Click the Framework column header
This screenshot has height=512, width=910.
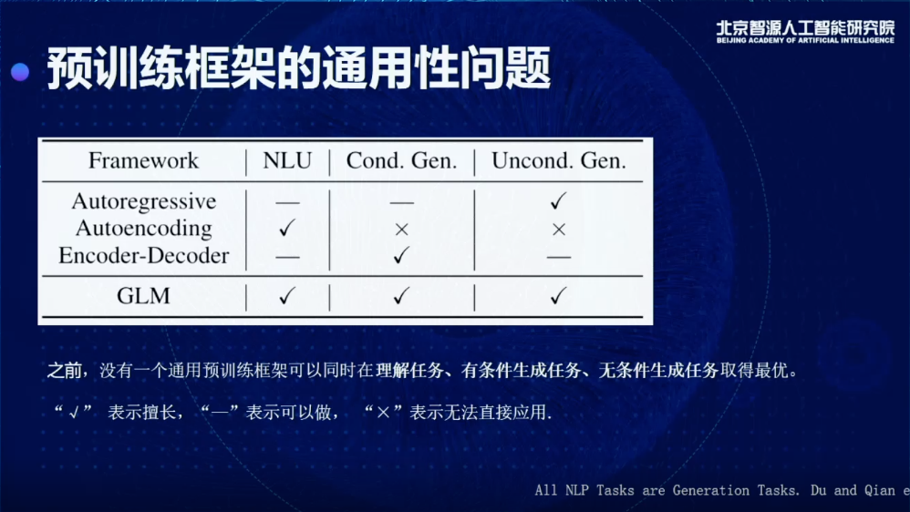(x=143, y=160)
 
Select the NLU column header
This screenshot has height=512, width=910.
(x=287, y=160)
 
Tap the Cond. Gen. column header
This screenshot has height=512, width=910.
(x=401, y=160)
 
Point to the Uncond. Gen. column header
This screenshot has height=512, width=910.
(x=559, y=160)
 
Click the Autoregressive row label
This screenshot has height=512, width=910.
(x=144, y=201)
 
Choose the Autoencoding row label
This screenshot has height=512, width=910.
(x=144, y=229)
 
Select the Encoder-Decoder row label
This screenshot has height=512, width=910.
(x=144, y=256)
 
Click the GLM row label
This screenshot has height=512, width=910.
(x=143, y=296)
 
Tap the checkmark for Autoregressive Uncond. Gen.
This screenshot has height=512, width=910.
(x=558, y=200)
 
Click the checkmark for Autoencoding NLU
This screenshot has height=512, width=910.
(x=287, y=227)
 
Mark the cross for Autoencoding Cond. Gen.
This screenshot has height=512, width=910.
(x=401, y=230)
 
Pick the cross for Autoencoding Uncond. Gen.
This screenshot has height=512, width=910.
(x=559, y=230)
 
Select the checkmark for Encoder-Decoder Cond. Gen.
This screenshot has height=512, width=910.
(x=401, y=254)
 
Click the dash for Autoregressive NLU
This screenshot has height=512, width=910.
(x=288, y=203)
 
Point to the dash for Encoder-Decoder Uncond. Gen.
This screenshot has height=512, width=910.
(x=559, y=257)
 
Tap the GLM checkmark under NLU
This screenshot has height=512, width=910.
(x=287, y=296)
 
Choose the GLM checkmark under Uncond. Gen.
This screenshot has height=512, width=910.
(x=558, y=296)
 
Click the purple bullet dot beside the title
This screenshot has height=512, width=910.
(x=20, y=71)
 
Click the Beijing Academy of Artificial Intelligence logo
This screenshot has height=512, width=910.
(x=805, y=32)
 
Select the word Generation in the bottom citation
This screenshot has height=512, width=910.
(x=711, y=490)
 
